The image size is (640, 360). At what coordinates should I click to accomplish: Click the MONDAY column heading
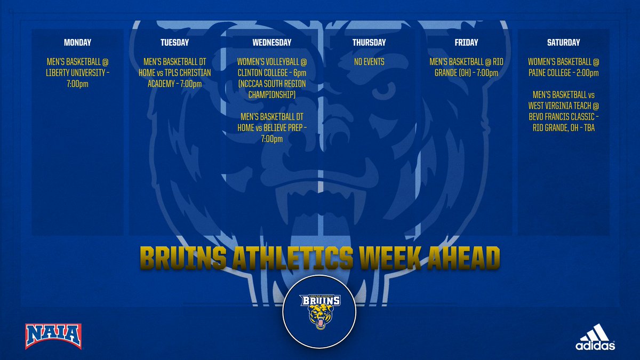(77, 43)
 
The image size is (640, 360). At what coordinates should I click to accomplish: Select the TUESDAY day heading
(174, 43)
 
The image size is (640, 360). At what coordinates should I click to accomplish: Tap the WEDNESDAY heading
(272, 43)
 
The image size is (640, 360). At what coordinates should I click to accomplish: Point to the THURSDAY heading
(369, 43)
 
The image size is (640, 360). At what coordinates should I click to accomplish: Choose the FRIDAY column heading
(467, 43)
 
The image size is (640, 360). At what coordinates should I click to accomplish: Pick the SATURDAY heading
(563, 43)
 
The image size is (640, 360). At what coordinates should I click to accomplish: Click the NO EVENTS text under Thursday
(369, 62)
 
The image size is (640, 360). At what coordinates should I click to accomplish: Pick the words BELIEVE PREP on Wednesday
(283, 128)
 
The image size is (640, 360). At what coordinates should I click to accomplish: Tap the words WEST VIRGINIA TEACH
(558, 107)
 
